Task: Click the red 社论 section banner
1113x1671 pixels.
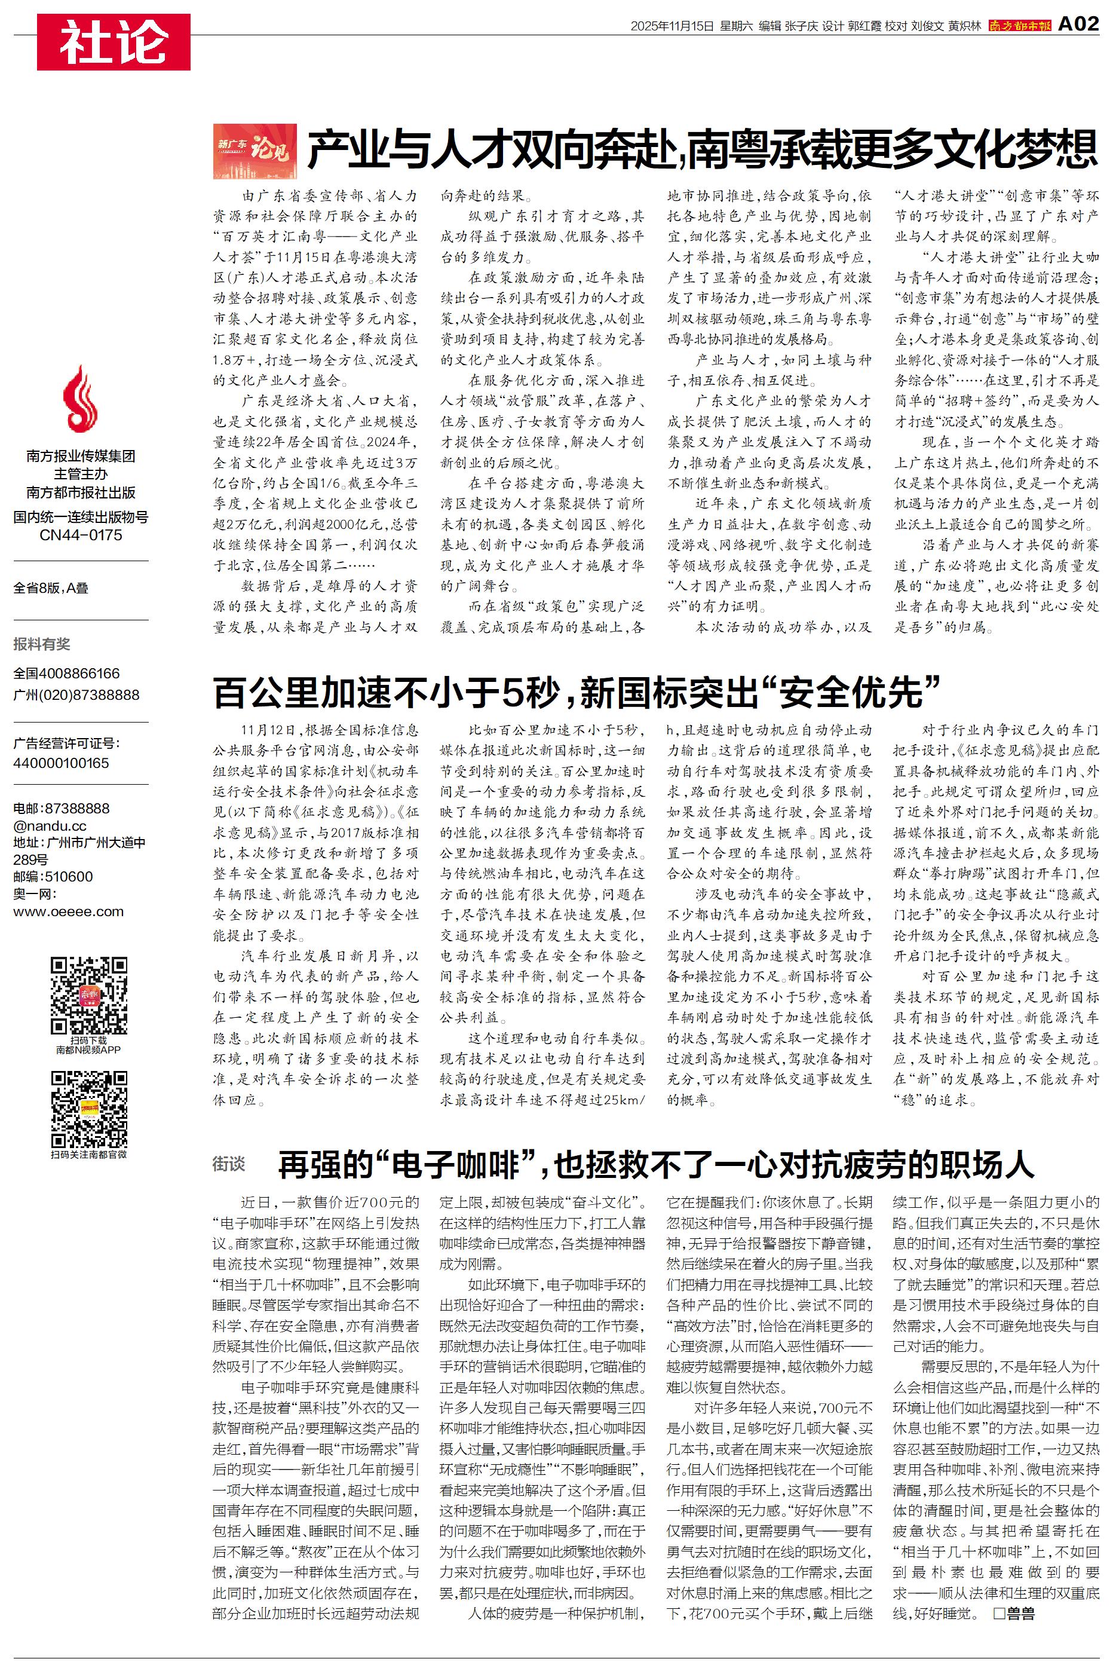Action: (x=114, y=42)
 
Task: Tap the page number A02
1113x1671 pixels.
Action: (x=1078, y=25)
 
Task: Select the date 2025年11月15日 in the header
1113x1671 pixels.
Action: (x=672, y=26)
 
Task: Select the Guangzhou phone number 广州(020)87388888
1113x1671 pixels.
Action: (x=76, y=695)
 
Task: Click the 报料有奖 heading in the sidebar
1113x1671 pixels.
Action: (x=42, y=644)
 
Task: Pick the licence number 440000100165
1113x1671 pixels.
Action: (x=61, y=763)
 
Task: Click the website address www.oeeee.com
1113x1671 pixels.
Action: (x=69, y=911)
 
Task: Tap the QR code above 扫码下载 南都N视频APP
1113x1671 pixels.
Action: (x=89, y=995)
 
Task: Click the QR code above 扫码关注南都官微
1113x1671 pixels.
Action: (x=89, y=1109)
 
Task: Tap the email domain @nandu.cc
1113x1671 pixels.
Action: (x=50, y=825)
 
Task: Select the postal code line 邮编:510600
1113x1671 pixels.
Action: (x=53, y=877)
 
